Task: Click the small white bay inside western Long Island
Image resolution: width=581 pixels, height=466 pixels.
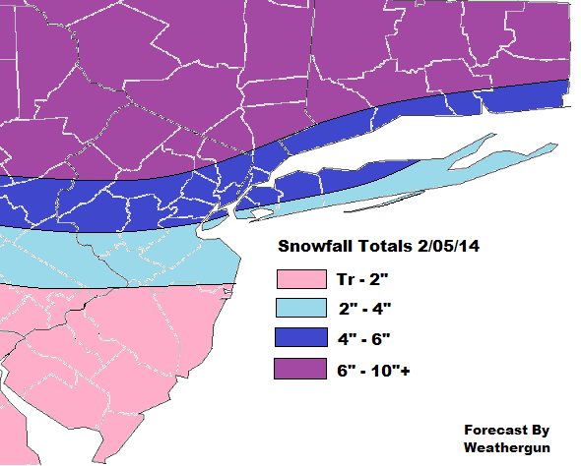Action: coord(260,212)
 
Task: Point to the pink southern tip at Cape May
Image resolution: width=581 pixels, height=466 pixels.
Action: coord(30,452)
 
